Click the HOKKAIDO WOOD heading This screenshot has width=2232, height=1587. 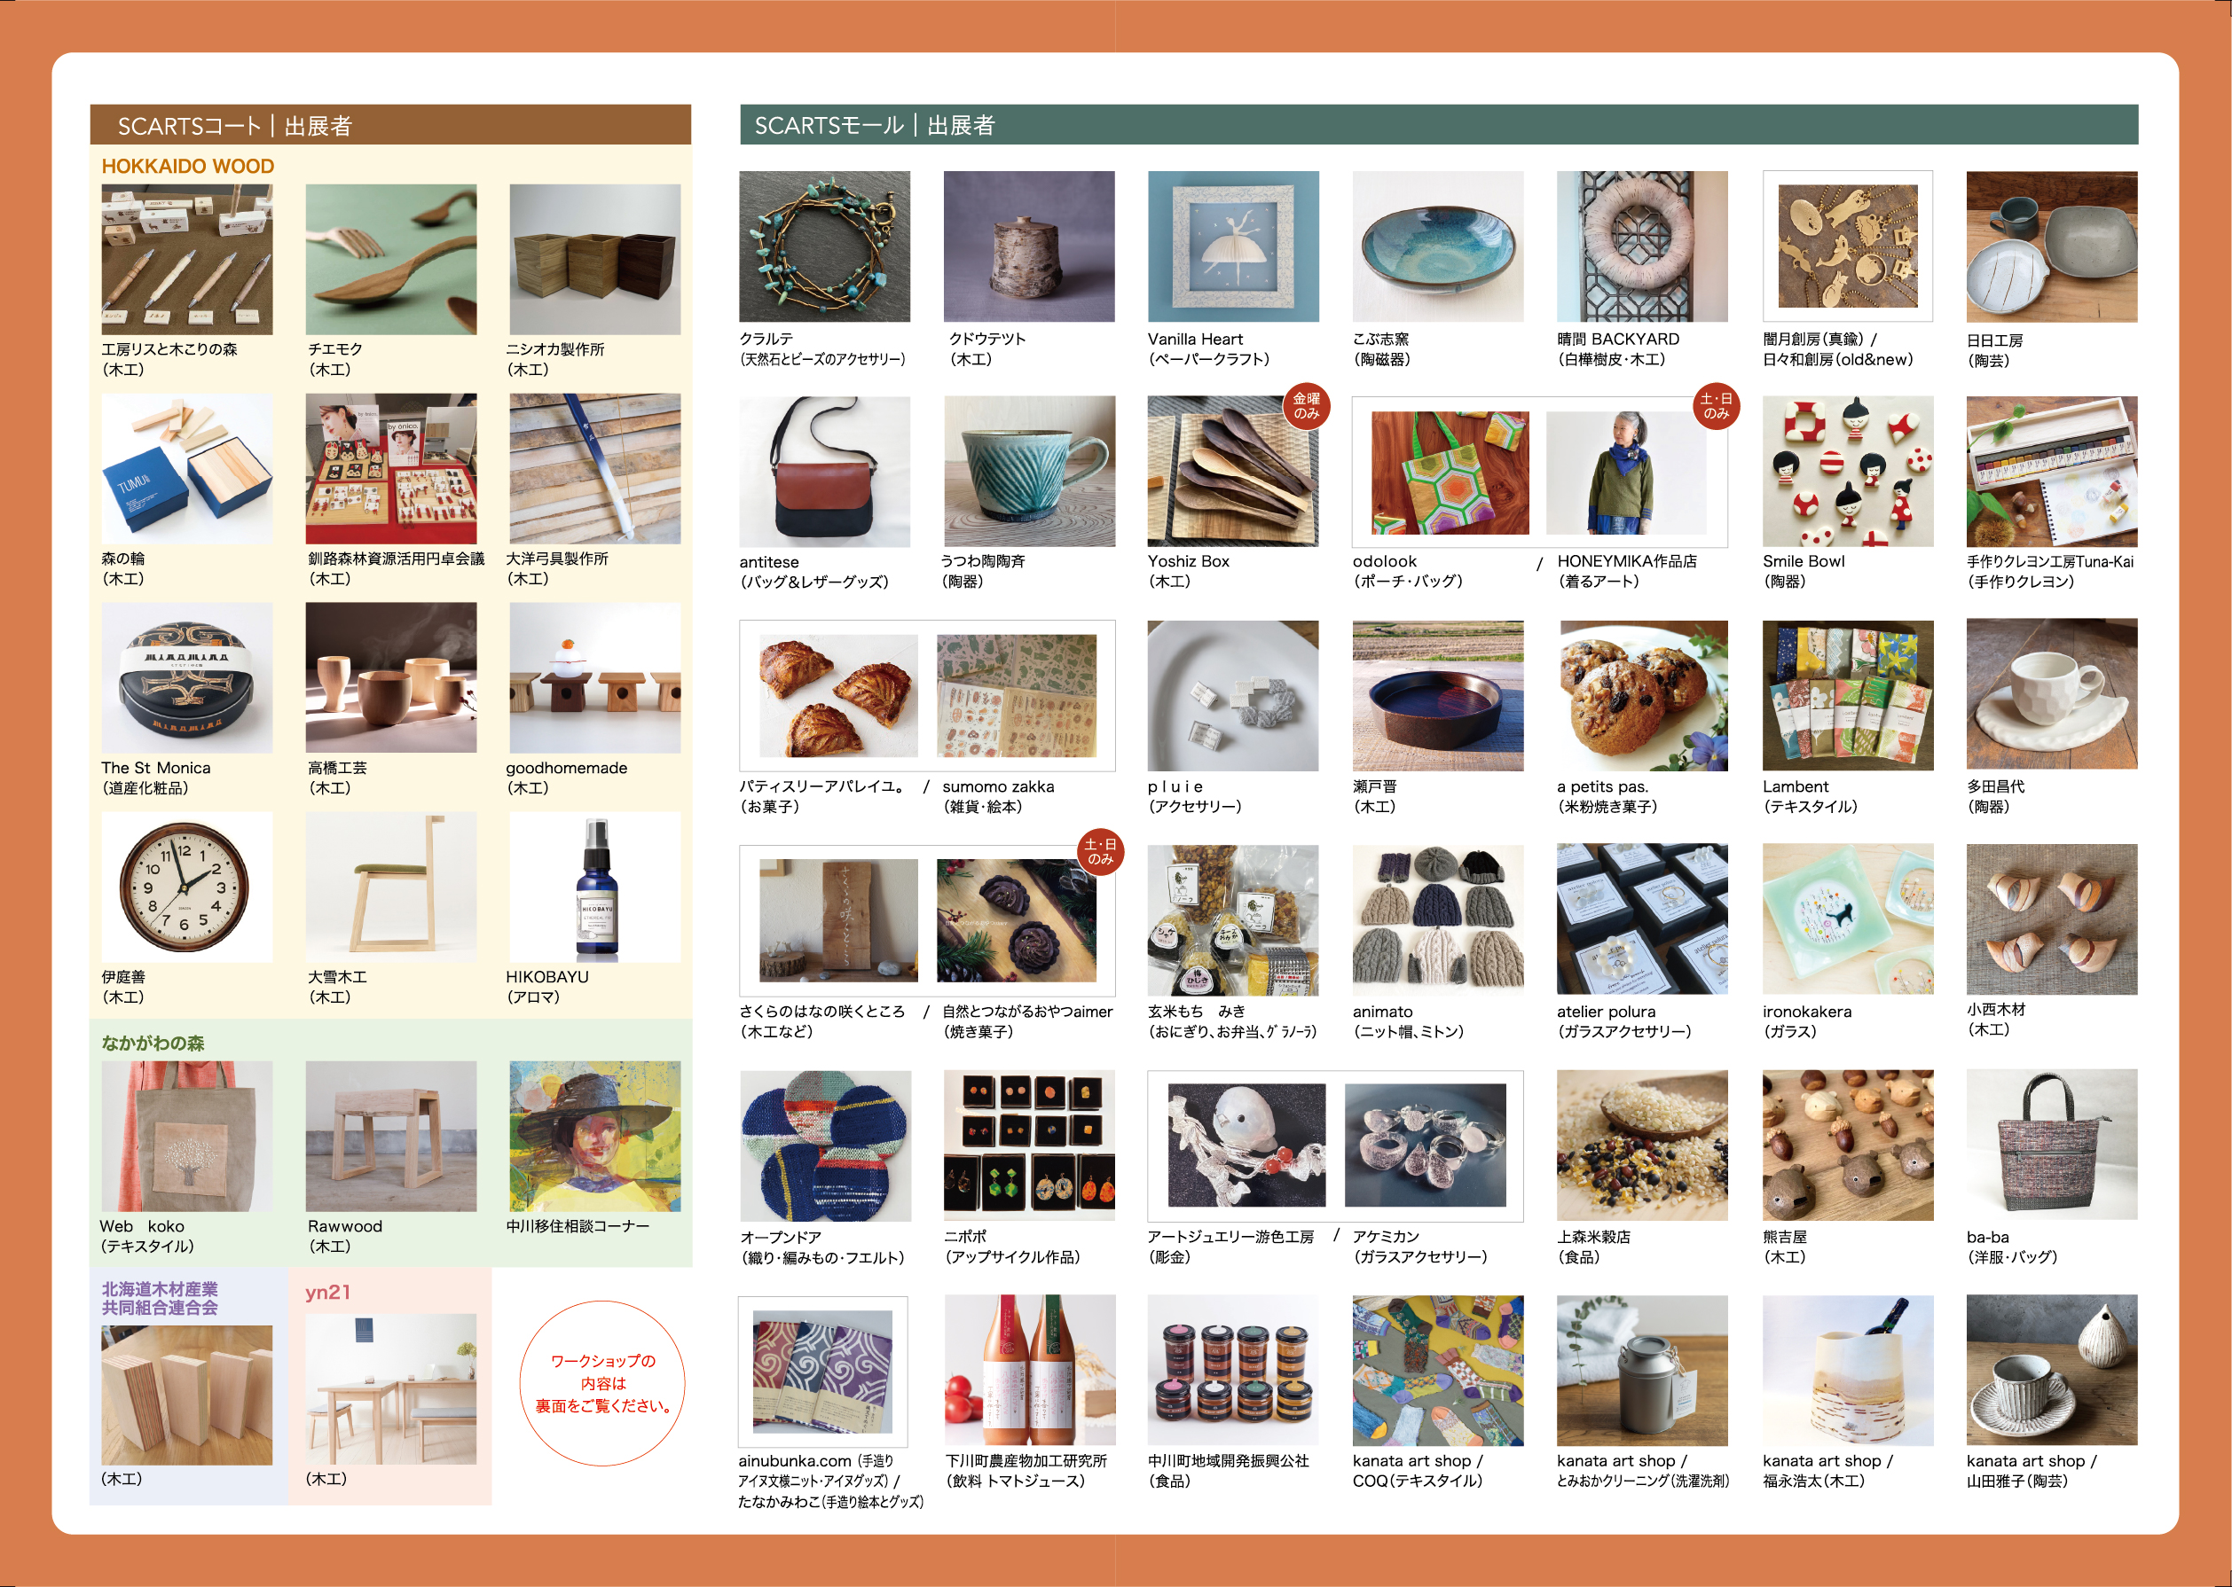pos(188,166)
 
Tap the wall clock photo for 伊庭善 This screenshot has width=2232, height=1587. pos(186,887)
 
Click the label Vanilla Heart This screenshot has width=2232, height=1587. pos(1195,339)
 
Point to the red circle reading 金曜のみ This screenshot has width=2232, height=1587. pos(1306,405)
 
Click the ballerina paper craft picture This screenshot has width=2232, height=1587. pos(1233,246)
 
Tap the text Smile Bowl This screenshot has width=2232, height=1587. pos(1804,561)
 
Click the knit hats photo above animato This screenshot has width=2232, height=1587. pos(1437,919)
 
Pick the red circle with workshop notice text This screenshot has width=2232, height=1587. pos(602,1383)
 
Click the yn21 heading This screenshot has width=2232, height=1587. pos(327,1292)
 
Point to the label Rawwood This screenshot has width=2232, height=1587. pos(345,1225)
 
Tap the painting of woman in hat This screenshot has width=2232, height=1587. pos(595,1137)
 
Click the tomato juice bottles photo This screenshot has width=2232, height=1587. pos(1029,1370)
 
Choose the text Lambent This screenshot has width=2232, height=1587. pos(1795,786)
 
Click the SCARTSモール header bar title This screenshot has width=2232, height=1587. pos(874,125)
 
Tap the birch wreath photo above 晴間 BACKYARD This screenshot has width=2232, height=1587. pos(1642,246)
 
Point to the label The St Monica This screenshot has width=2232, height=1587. pos(155,767)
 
